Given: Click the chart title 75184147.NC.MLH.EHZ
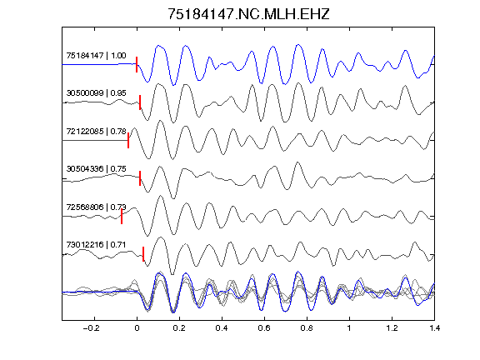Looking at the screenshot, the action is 248,14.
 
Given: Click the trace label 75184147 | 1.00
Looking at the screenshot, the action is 96,55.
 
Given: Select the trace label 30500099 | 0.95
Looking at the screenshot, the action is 96,93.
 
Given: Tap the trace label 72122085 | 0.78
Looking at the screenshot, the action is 96,132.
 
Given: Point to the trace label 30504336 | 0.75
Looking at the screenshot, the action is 96,169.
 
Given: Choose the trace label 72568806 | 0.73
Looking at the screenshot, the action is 96,207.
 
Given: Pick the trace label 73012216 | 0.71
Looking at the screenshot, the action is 96,245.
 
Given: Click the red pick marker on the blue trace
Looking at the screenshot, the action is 137,64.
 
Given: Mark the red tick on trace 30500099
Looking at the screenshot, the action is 140,102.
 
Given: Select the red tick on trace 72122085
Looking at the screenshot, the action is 128,141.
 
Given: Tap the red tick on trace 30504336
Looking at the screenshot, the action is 140,178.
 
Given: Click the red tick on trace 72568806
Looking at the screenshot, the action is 122,217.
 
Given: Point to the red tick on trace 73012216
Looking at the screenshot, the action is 143,254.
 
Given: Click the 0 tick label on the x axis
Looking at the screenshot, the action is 137,328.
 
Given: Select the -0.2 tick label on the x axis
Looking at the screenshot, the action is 92,328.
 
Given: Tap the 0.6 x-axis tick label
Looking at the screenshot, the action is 264,328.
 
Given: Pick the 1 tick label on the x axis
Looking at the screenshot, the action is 349,328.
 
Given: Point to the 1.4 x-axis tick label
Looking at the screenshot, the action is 434,328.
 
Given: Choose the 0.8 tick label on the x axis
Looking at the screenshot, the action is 307,328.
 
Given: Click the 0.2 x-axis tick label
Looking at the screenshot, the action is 179,328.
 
